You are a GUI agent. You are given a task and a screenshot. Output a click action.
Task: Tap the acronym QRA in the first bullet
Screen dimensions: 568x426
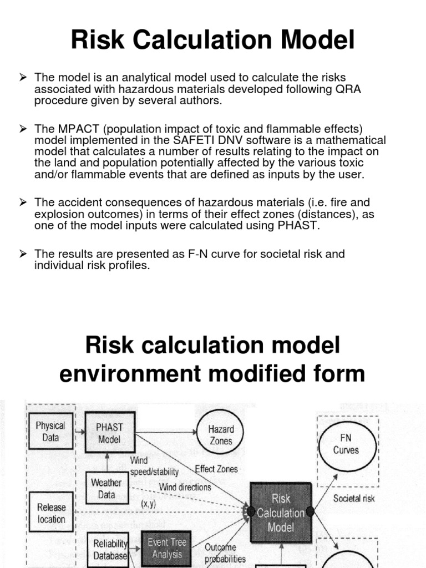click(x=343, y=89)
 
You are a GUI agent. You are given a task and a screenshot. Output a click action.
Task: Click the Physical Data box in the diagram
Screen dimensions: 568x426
click(x=50, y=432)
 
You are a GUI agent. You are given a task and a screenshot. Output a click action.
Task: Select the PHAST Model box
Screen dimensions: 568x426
click(x=109, y=433)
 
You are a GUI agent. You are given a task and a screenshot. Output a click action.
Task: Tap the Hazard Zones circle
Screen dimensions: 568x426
click(x=221, y=435)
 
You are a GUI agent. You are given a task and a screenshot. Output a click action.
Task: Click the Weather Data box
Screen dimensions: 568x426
click(x=106, y=488)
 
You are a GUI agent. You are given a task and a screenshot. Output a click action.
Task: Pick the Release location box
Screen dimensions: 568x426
click(x=51, y=513)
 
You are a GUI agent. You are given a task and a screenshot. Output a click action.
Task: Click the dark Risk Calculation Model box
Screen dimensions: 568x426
click(x=280, y=513)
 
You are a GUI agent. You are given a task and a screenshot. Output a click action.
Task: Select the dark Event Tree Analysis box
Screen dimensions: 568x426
click(x=167, y=549)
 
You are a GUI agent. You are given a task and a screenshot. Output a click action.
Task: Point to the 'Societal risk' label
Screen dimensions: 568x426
click(x=354, y=498)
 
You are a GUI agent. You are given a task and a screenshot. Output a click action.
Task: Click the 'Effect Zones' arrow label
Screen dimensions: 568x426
click(x=216, y=469)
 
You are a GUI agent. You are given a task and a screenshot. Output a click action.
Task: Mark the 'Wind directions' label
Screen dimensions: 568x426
click(x=185, y=487)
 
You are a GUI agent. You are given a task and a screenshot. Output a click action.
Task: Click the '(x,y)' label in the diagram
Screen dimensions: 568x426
click(x=148, y=504)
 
